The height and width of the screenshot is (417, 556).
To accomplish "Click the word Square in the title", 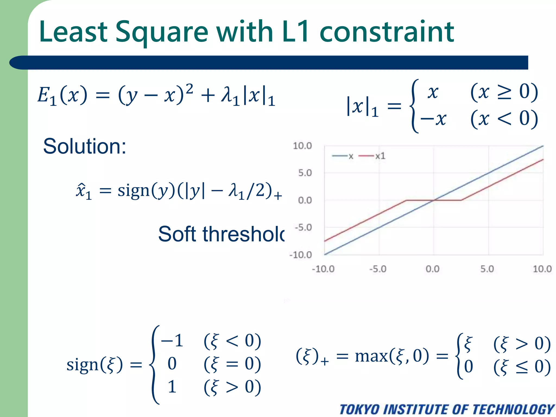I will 162,32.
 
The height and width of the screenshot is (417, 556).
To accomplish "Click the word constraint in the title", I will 387,32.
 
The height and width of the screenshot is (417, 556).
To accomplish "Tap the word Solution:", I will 84,146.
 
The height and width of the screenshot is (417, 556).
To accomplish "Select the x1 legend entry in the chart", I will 380,156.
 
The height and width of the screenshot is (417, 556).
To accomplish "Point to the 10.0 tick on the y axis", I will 302,146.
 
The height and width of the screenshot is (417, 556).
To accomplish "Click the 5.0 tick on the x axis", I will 487,269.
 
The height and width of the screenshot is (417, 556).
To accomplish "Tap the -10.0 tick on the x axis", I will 323,269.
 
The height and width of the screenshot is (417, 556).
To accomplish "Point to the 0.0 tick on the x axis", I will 432,269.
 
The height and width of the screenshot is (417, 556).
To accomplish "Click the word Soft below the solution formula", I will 177,234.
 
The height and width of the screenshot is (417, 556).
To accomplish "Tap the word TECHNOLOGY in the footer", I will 513,409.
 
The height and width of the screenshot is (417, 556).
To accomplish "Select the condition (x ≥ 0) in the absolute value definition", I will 504,92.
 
